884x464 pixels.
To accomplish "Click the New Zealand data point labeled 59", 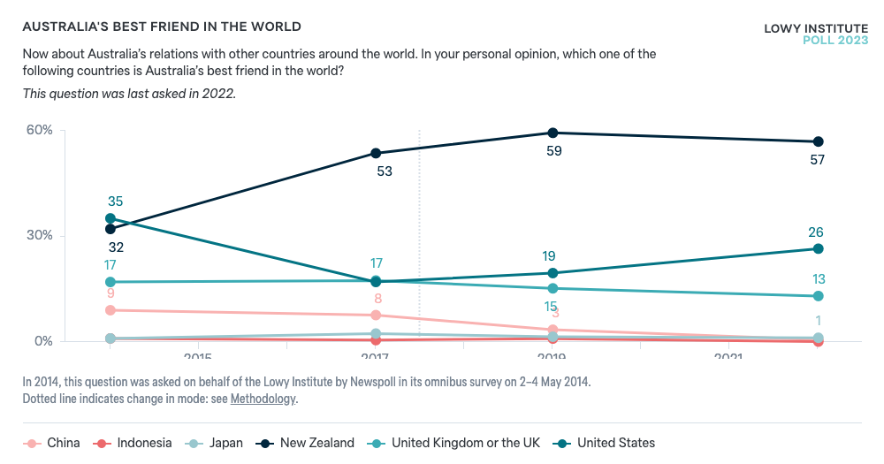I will click(x=552, y=133).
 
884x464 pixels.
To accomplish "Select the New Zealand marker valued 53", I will click(x=376, y=153).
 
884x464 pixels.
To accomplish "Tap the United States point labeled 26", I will click(x=818, y=248).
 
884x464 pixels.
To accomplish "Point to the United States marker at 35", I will click(x=110, y=218).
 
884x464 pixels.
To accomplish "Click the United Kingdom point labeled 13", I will click(x=818, y=296).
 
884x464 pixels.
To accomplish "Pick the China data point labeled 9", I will click(x=110, y=310).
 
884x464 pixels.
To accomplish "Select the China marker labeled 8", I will click(x=376, y=315).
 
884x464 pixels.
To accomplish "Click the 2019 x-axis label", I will click(x=552, y=358).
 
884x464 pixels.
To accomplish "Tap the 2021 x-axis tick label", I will click(x=728, y=358).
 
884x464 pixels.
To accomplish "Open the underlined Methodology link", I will click(x=263, y=399).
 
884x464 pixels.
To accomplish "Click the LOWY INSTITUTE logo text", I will click(x=816, y=28).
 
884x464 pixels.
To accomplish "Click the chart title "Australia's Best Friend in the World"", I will click(x=161, y=27).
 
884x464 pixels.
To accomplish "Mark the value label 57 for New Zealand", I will click(x=818, y=160).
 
